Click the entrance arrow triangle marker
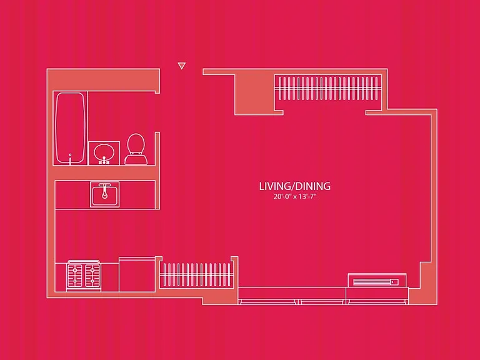pyautogui.click(x=181, y=66)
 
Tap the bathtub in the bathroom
pyautogui.click(x=70, y=128)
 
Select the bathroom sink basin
pyautogui.click(x=104, y=152)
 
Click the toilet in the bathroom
pyautogui.click(x=136, y=149)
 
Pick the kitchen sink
pyautogui.click(x=105, y=194)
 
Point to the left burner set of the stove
pyautogui.click(x=75, y=274)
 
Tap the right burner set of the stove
pyautogui.click(x=92, y=274)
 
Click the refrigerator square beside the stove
pyautogui.click(x=137, y=274)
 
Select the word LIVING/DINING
pyautogui.click(x=295, y=186)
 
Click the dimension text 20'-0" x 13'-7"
pyautogui.click(x=295, y=196)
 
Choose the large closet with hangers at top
pyautogui.click(x=328, y=89)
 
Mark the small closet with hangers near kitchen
pyautogui.click(x=196, y=274)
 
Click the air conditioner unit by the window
pyautogui.click(x=377, y=281)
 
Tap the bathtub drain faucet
pyautogui.click(x=71, y=159)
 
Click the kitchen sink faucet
pyautogui.click(x=104, y=191)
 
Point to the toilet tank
pyautogui.click(x=136, y=160)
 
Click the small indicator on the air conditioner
pyautogui.click(x=394, y=282)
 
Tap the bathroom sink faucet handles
pyautogui.click(x=104, y=162)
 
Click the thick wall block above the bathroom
pyautogui.click(x=103, y=80)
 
